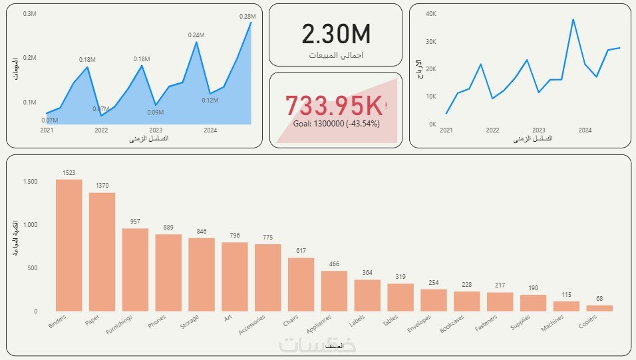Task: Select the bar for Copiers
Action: pyautogui.click(x=599, y=308)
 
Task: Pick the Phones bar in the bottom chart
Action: pyautogui.click(x=168, y=272)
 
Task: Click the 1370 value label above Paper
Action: pyautogui.click(x=102, y=186)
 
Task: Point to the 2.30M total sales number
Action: pyautogui.click(x=335, y=34)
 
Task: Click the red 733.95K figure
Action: pyautogui.click(x=334, y=106)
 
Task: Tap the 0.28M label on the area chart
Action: pyautogui.click(x=247, y=16)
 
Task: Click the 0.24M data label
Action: pyautogui.click(x=196, y=35)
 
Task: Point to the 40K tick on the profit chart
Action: pyautogui.click(x=430, y=14)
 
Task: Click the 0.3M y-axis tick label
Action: pyautogui.click(x=29, y=14)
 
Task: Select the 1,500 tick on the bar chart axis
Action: pyautogui.click(x=31, y=182)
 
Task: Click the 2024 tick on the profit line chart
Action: pyautogui.click(x=585, y=130)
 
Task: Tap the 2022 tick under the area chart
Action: pyautogui.click(x=101, y=130)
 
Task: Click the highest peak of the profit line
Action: pyautogui.click(x=573, y=19)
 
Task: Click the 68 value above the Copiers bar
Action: pyautogui.click(x=599, y=299)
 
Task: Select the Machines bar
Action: pyautogui.click(x=566, y=306)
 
